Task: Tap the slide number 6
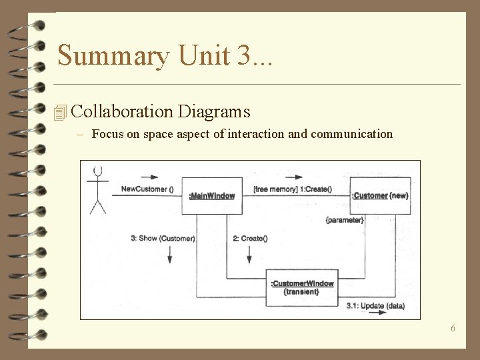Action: click(x=453, y=328)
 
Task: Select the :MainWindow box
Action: click(x=212, y=195)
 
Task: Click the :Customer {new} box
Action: click(x=380, y=195)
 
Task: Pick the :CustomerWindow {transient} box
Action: click(x=302, y=287)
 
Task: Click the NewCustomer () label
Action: click(x=147, y=189)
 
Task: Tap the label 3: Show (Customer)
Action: click(x=163, y=239)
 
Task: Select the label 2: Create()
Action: click(x=250, y=239)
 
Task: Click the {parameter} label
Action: click(x=345, y=220)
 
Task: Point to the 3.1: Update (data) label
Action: click(x=375, y=306)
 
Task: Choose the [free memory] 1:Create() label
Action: click(x=292, y=189)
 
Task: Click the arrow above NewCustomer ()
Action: click(x=151, y=178)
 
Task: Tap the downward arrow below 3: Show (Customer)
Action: click(x=169, y=254)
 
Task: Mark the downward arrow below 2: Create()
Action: click(x=249, y=254)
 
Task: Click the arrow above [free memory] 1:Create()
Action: click(x=293, y=178)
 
